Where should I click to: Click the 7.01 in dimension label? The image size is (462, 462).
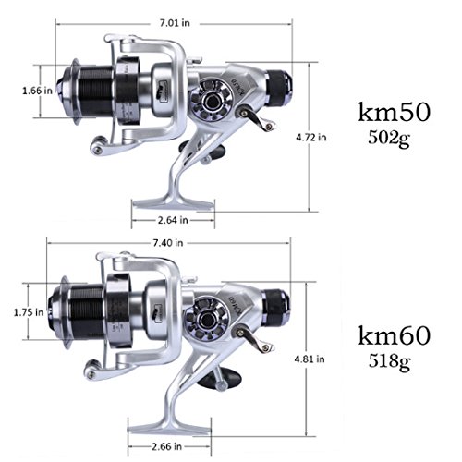click(175, 23)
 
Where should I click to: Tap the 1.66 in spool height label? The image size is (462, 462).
click(37, 91)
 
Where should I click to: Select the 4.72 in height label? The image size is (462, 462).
click(311, 137)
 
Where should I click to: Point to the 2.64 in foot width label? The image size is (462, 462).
click(173, 220)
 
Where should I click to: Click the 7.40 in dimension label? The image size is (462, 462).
click(168, 243)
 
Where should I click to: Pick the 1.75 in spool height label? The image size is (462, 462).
click(29, 312)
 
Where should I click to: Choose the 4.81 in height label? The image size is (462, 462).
click(310, 359)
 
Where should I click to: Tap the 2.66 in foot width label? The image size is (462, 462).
click(166, 446)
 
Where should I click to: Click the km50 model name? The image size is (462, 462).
click(394, 113)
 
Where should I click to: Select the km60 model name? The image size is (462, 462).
click(394, 335)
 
